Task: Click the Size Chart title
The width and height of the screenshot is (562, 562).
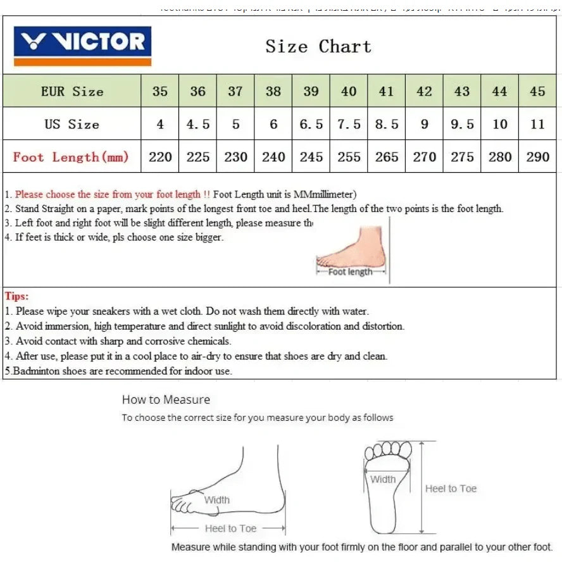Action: tap(318, 47)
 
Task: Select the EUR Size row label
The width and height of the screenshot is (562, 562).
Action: tap(72, 91)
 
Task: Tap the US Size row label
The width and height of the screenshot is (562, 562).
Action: tap(72, 124)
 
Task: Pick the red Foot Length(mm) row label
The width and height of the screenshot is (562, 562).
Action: tap(71, 157)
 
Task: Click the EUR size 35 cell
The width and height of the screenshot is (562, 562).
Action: tap(160, 91)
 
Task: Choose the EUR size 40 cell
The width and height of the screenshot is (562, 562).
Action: tap(349, 91)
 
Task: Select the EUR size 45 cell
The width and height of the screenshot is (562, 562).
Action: tap(537, 91)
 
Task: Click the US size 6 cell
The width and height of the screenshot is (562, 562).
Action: tap(273, 124)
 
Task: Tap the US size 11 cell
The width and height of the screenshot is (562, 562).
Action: tap(537, 124)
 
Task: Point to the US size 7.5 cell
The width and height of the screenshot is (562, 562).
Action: tap(349, 124)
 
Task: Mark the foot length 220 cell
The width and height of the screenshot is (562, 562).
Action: tap(160, 157)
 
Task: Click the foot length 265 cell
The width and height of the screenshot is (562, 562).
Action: tap(387, 157)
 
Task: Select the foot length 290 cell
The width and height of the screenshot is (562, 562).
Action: tap(537, 157)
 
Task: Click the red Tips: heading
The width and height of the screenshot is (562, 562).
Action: tap(17, 296)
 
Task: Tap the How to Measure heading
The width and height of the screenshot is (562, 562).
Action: tap(166, 399)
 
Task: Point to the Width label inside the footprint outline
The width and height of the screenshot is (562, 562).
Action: tap(383, 479)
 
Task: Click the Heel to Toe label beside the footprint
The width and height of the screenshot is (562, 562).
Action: tap(451, 489)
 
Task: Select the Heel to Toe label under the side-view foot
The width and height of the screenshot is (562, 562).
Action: tap(230, 528)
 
